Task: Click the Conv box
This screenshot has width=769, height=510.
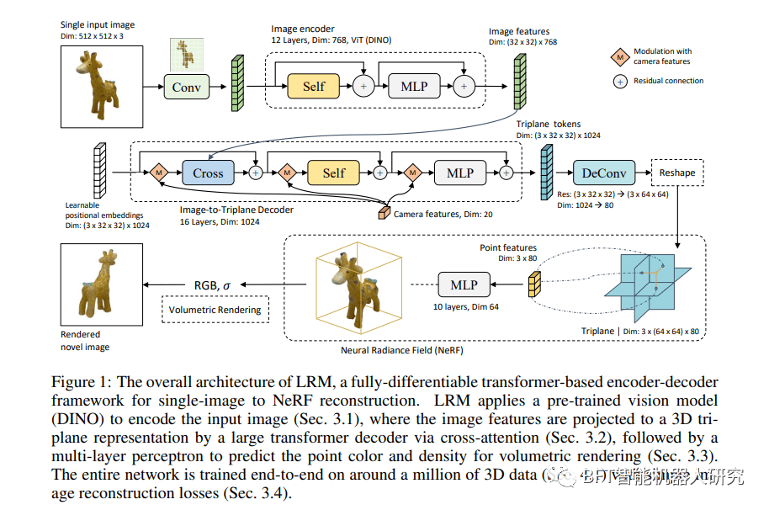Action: tap(186, 87)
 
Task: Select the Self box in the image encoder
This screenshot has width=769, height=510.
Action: tap(314, 86)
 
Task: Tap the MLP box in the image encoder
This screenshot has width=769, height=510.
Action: tap(415, 86)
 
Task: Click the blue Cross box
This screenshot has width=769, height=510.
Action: tap(208, 173)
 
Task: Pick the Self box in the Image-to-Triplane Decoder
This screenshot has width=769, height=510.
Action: tap(334, 173)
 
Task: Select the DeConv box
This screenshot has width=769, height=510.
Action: tap(604, 173)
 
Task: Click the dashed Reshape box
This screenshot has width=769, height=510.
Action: tap(677, 173)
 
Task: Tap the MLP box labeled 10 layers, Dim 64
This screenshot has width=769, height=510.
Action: tap(464, 284)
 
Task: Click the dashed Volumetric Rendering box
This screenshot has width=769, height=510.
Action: tap(215, 310)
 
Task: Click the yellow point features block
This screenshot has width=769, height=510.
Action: tap(533, 285)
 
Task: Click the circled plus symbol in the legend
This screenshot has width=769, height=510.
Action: tap(621, 81)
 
